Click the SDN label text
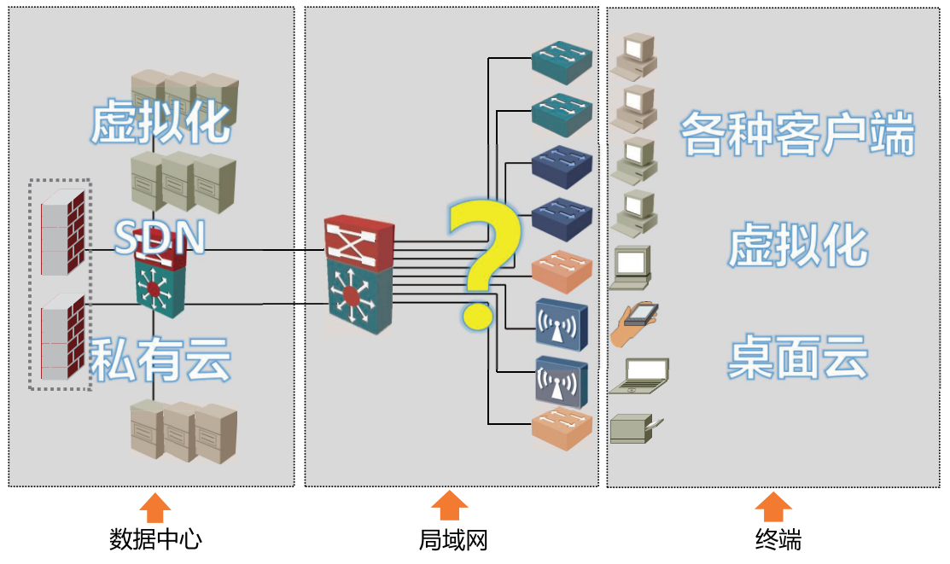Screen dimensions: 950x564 pyautogui.click(x=160, y=237)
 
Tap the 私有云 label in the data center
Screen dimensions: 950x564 pyautogui.click(x=160, y=358)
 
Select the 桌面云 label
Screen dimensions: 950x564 pyautogui.click(x=798, y=357)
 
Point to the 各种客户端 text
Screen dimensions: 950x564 pyautogui.click(x=797, y=133)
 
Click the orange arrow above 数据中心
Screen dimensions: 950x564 pyautogui.click(x=155, y=508)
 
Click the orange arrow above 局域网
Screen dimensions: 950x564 pyautogui.click(x=450, y=506)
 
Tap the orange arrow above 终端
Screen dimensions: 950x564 pyautogui.click(x=773, y=507)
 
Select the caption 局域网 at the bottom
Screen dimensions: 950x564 pyautogui.click(x=453, y=540)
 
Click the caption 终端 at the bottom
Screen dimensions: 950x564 pyautogui.click(x=778, y=539)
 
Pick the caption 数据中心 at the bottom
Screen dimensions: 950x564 pyautogui.click(x=155, y=538)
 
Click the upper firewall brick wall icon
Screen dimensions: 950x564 pyautogui.click(x=62, y=232)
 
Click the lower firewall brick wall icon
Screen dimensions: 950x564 pyautogui.click(x=62, y=337)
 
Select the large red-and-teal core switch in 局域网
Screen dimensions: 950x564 pyautogui.click(x=359, y=274)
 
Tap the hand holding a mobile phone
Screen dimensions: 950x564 pyautogui.click(x=633, y=323)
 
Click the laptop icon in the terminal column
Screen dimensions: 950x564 pyautogui.click(x=638, y=376)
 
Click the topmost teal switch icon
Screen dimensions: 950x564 pyautogui.click(x=562, y=61)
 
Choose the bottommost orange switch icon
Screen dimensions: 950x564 pyautogui.click(x=562, y=429)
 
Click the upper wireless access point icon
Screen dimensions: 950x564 pyautogui.click(x=562, y=325)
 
